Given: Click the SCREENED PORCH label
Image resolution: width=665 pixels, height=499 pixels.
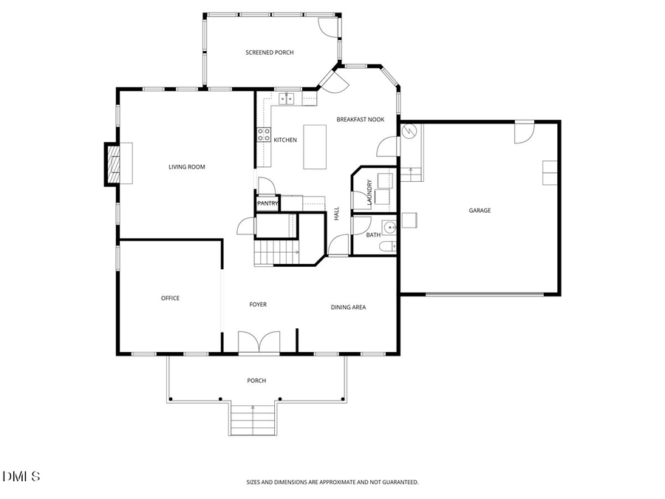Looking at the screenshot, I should pyautogui.click(x=270, y=52).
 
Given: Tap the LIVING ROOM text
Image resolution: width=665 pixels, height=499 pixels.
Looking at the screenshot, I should pyautogui.click(x=187, y=167).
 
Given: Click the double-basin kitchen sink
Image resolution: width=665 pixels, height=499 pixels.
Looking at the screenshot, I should pyautogui.click(x=287, y=98).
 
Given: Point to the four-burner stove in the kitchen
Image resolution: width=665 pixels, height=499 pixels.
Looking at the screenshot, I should pyautogui.click(x=263, y=135).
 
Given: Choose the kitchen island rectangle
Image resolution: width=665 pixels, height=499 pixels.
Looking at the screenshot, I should pyautogui.click(x=315, y=146).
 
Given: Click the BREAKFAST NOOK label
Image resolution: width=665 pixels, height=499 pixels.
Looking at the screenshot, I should pyautogui.click(x=361, y=119).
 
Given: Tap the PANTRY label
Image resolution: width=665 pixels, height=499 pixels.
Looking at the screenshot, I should pyautogui.click(x=267, y=203).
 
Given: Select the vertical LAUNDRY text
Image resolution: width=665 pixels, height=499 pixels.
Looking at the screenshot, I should pyautogui.click(x=369, y=192).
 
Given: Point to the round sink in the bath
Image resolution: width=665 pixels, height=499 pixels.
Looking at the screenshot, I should pyautogui.click(x=389, y=226).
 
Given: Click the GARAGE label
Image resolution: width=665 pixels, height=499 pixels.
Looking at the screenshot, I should pyautogui.click(x=480, y=211).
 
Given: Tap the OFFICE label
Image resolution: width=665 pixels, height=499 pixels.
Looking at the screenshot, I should pyautogui.click(x=170, y=299).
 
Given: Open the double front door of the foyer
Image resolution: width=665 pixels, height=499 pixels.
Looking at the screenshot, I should pyautogui.click(x=259, y=344).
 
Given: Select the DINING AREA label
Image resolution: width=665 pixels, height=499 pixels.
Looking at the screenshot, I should pyautogui.click(x=348, y=308).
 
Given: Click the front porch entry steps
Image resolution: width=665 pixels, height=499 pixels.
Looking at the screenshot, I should pyautogui.click(x=253, y=420).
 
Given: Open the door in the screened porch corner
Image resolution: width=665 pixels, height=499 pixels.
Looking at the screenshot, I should pyautogui.click(x=328, y=25).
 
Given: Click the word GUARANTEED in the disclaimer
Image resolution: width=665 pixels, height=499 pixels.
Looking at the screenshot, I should pyautogui.click(x=400, y=482).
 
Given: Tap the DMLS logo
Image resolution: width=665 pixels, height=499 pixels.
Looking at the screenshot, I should pyautogui.click(x=21, y=476).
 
